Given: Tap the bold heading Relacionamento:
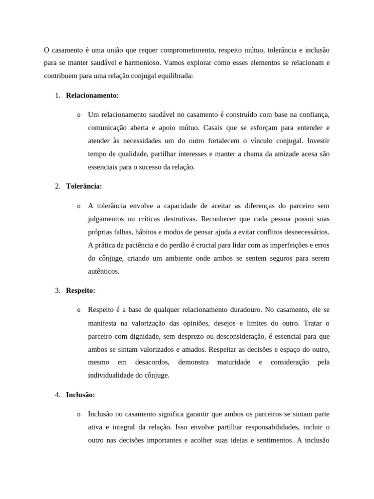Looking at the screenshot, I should tap(93, 96).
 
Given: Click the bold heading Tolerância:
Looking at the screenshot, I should tap(84, 186).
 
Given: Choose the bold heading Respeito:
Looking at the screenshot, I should tap(81, 290).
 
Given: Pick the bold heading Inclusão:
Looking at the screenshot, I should tap(81, 395).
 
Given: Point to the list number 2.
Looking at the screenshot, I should tap(57, 186).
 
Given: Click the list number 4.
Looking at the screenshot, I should tap(57, 395).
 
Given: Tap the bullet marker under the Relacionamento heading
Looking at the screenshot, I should tap(78, 115).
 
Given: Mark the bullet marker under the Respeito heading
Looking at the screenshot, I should tap(78, 310).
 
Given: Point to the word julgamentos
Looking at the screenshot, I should tap(106, 219).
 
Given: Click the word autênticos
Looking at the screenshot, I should tap(104, 271).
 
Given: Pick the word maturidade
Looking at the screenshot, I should tap(234, 362).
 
